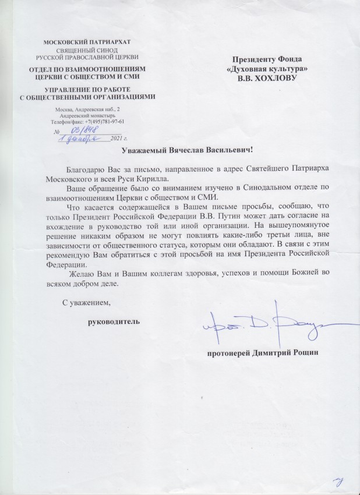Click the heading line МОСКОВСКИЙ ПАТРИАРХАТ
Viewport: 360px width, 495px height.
(x=87, y=42)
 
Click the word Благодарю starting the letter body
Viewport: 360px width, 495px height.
(x=84, y=168)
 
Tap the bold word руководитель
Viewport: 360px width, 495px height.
(x=114, y=322)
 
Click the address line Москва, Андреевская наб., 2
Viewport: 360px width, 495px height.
(x=87, y=109)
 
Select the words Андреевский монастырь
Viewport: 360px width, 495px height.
(x=87, y=115)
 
